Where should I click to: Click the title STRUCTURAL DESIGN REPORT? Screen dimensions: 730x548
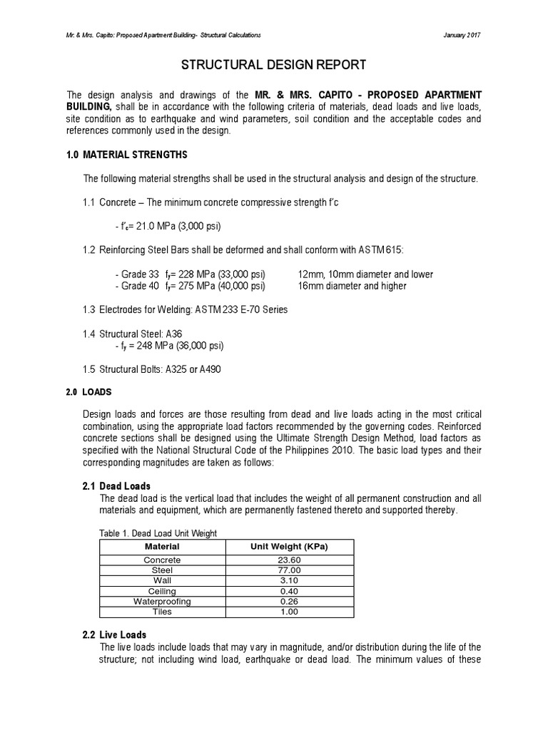coord(275,66)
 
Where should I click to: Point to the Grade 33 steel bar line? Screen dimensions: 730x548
coord(190,274)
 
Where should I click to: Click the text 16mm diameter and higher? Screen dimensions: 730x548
coord(352,286)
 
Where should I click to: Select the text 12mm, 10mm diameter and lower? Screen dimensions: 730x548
coord(365,274)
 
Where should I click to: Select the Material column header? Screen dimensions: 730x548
coord(162,546)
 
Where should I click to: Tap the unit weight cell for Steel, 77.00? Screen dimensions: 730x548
coord(288,570)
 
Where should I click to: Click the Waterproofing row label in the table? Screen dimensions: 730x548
coord(162,602)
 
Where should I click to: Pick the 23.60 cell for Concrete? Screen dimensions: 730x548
coord(288,560)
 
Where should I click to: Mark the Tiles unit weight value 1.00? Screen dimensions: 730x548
coord(288,612)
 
